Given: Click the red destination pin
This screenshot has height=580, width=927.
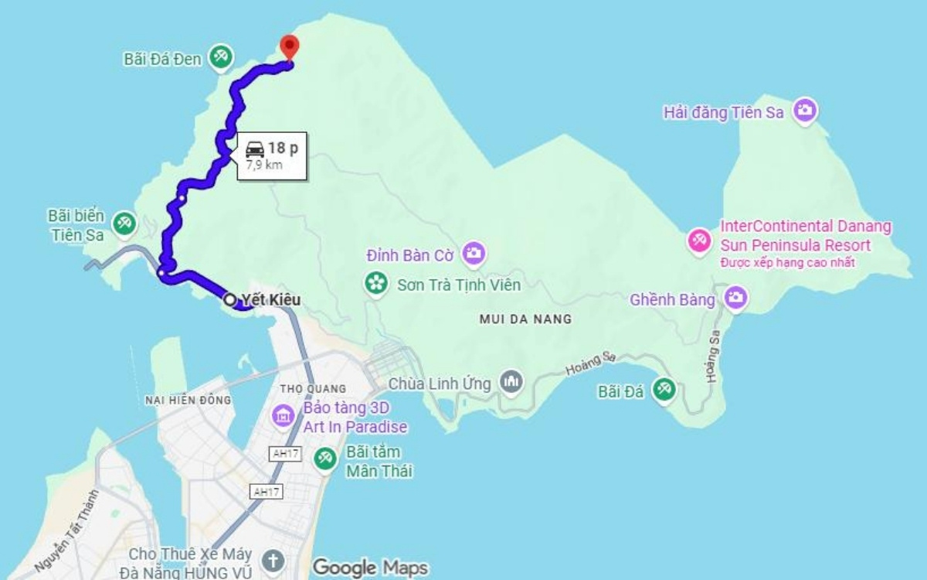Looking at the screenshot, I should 289,46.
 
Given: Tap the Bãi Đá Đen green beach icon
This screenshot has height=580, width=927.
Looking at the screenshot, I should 220,57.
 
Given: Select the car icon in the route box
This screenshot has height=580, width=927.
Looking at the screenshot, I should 255,148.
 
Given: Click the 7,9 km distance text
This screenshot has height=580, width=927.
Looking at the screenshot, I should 263,165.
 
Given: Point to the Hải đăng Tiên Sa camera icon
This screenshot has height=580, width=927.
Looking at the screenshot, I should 805,111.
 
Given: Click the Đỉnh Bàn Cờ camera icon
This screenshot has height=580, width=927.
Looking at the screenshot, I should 474,252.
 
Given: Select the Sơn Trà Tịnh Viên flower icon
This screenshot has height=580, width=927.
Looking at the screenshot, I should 376,284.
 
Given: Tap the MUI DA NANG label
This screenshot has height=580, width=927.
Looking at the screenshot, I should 525,319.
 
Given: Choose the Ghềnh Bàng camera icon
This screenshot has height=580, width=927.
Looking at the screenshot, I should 736,297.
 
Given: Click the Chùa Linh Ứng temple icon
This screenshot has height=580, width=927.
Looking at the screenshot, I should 511,381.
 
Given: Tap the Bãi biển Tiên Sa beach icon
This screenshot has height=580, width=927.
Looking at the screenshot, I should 123,223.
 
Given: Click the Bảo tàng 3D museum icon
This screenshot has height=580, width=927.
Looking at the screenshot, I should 283,417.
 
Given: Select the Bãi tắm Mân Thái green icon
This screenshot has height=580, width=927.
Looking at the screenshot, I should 325,459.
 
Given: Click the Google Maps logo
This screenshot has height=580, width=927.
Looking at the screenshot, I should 370,568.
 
